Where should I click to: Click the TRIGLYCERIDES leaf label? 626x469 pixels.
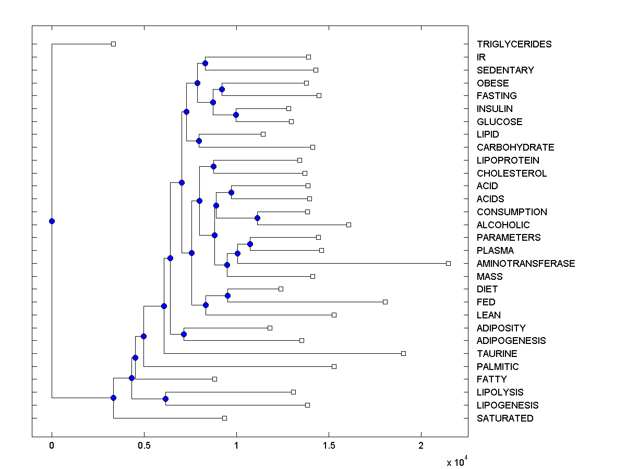click(514, 44)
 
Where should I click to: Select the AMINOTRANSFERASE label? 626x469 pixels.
click(526, 264)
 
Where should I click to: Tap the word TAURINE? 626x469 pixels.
click(497, 354)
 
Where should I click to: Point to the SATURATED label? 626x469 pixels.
click(505, 418)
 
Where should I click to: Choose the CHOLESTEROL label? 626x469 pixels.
click(512, 174)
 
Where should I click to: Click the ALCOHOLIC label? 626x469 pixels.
click(503, 225)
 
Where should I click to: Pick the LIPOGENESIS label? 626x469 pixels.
click(508, 405)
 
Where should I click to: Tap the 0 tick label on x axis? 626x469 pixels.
click(52, 446)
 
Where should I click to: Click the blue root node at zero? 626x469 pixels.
click(52, 221)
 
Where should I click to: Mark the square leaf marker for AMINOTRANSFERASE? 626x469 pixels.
click(448, 264)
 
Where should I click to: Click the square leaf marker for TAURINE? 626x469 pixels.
click(403, 354)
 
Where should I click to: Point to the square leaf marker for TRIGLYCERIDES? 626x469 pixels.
click(113, 44)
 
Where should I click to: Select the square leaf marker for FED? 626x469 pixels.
click(385, 302)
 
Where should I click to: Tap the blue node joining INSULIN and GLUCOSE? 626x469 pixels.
click(236, 115)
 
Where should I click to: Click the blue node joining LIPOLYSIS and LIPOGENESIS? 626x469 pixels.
click(165, 399)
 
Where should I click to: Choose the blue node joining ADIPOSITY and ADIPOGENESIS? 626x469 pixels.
click(184, 334)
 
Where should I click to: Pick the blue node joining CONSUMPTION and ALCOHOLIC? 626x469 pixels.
click(257, 218)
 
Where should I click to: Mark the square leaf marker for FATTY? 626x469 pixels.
click(214, 379)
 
